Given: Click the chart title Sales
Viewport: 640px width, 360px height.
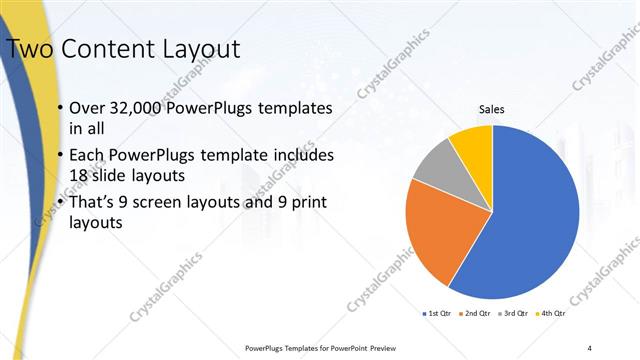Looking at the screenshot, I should click(x=492, y=109).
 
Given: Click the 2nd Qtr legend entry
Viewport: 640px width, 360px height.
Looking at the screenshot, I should click(x=474, y=314).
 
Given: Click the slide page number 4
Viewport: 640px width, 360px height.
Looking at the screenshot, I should click(x=589, y=347).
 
